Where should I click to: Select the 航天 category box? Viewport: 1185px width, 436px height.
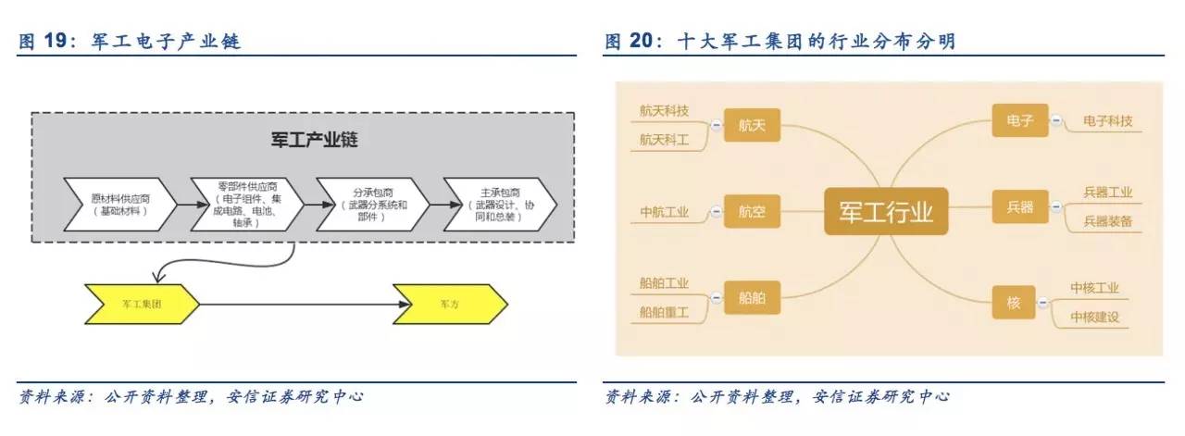point(753,125)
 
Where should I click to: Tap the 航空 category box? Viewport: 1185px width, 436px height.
point(753,212)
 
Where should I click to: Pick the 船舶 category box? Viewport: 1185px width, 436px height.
point(753,299)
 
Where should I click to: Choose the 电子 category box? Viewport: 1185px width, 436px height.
point(1019,120)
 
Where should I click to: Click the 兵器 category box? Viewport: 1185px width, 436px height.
point(1019,205)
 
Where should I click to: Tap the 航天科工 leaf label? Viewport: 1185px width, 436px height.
point(664,140)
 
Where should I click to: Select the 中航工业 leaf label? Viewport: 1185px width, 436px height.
point(665,212)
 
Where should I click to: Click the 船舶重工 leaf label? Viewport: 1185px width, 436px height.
point(664,313)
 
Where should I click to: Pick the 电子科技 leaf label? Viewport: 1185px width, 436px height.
point(1107,121)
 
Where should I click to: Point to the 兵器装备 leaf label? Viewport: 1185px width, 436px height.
point(1107,221)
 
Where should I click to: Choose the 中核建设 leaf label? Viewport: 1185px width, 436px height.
point(1095,317)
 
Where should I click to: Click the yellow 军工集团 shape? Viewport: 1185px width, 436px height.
point(141,304)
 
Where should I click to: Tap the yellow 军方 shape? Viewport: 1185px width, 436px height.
point(450,304)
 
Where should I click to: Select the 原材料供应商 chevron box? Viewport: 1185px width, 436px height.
point(119,204)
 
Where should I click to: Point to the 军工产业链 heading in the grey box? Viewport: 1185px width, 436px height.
point(302,141)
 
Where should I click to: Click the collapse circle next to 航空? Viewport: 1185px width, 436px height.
point(716,212)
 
